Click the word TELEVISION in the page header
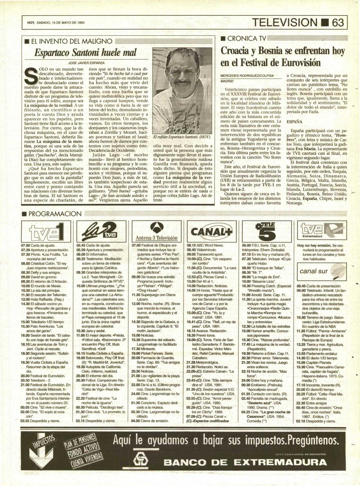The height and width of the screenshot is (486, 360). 284,22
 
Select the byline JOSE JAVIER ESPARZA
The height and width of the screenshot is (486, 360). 86,63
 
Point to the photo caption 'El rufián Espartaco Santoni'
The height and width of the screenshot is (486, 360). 182,137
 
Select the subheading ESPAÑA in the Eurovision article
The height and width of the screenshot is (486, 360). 294,122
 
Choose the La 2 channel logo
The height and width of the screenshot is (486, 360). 101,232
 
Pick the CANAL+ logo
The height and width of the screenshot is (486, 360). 211,231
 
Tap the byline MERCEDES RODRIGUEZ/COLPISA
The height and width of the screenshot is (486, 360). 247,76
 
